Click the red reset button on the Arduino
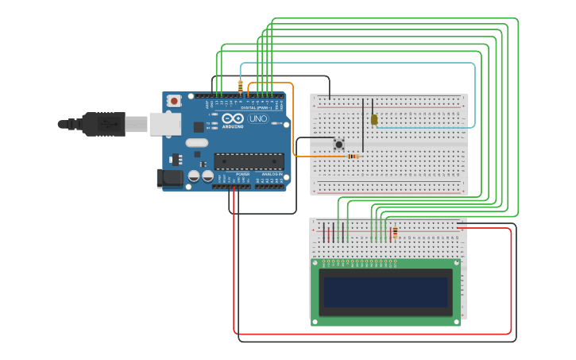tap(174, 102)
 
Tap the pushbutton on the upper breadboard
tap(339, 144)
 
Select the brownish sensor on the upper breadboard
tap(374, 119)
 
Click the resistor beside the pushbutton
tap(353, 156)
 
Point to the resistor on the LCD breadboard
tap(395, 232)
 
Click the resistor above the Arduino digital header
tap(241, 85)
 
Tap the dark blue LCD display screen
tap(385, 292)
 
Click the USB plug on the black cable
tap(103, 124)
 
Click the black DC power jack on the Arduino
tap(169, 178)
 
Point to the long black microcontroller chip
tap(249, 161)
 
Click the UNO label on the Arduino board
tap(258, 118)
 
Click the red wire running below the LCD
tap(373, 334)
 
